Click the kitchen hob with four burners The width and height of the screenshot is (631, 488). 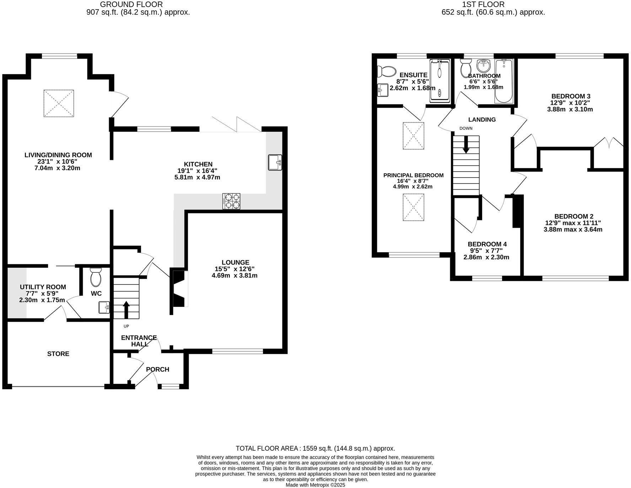(x=231, y=201)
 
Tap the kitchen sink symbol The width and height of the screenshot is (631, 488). (x=275, y=162)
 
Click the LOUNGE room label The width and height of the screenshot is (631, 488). (x=235, y=262)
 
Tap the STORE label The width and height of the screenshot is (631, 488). (x=58, y=354)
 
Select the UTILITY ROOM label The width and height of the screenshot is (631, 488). (x=43, y=287)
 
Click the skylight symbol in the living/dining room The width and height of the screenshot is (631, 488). (x=59, y=103)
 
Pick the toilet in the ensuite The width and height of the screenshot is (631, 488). (x=386, y=71)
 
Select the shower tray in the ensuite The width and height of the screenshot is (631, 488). (x=440, y=81)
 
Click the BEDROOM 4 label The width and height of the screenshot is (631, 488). (x=487, y=244)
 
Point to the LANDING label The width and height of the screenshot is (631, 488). (x=482, y=119)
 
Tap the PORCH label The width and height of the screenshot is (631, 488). (x=157, y=369)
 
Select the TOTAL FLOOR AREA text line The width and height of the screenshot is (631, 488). (x=315, y=449)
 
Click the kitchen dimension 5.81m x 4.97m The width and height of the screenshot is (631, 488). (x=197, y=177)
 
